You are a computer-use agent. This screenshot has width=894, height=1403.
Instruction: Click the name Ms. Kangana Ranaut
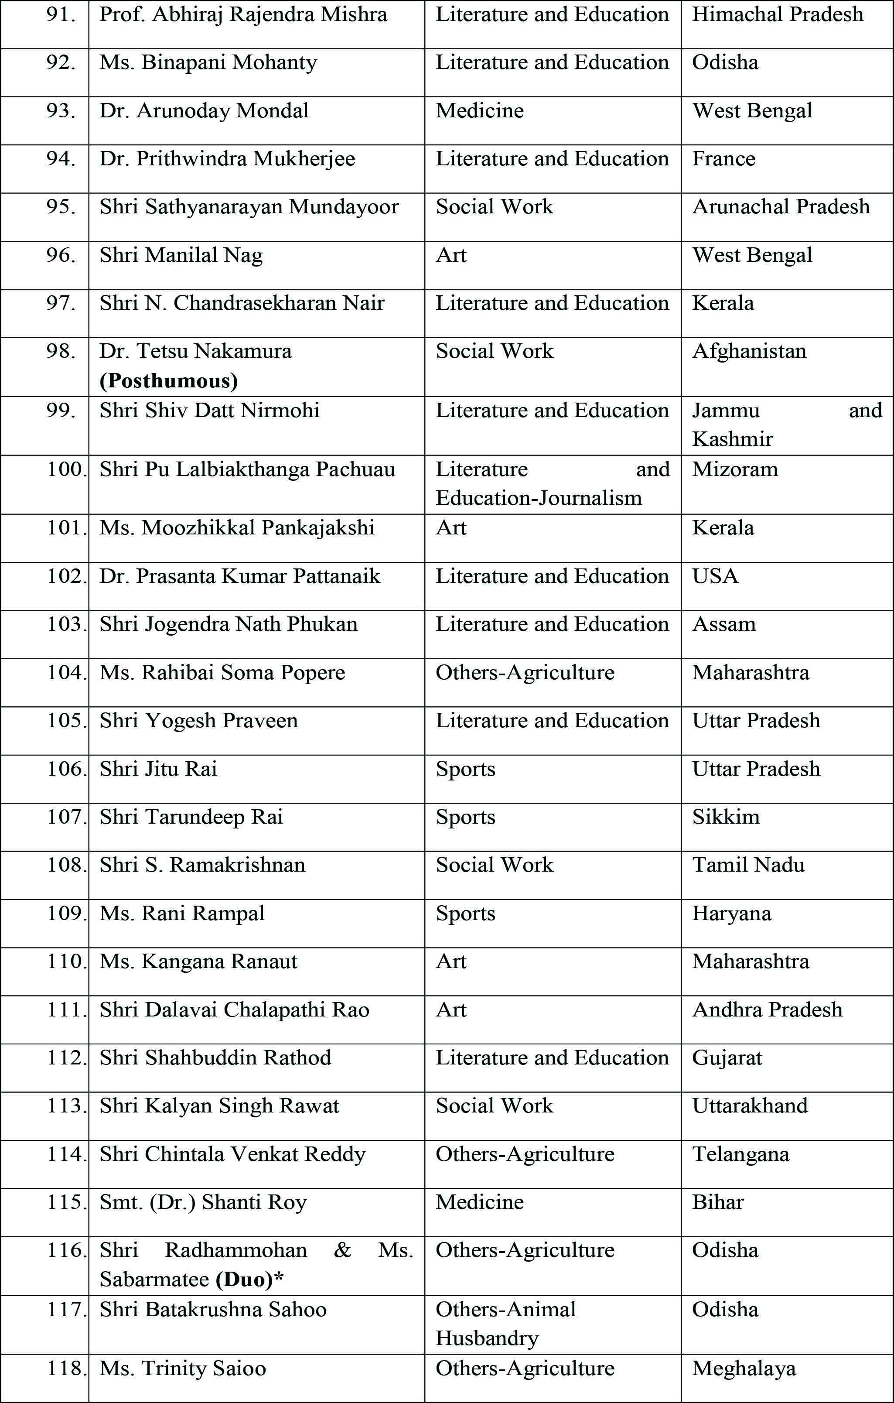pos(198,962)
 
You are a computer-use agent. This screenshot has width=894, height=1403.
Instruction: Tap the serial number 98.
pos(61,351)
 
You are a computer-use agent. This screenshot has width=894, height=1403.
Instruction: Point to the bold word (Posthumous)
pos(168,381)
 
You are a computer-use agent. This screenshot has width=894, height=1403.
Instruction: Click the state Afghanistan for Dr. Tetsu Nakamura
pos(749,351)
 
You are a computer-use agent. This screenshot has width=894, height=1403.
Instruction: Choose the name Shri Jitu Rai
pos(158,769)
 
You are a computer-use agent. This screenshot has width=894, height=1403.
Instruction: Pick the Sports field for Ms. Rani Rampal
pos(465,914)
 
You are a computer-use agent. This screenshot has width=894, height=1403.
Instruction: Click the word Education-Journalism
pos(539,498)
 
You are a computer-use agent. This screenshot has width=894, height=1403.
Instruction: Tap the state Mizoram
pos(735,469)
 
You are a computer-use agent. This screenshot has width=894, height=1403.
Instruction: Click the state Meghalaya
pos(744,1369)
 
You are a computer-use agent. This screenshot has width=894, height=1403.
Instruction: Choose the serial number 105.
pos(66,721)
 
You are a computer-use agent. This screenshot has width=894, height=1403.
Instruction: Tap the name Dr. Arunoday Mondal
pos(204,111)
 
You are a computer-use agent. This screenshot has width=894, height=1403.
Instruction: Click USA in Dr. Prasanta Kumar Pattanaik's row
pos(715,576)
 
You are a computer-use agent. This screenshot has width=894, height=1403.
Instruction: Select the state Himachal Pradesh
pos(778,14)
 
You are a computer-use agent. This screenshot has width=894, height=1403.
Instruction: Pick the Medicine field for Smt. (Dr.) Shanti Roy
pos(479,1202)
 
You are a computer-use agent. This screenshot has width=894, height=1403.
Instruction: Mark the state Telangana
pos(740,1154)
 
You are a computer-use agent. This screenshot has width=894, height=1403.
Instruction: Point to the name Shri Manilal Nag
pos(181,255)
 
